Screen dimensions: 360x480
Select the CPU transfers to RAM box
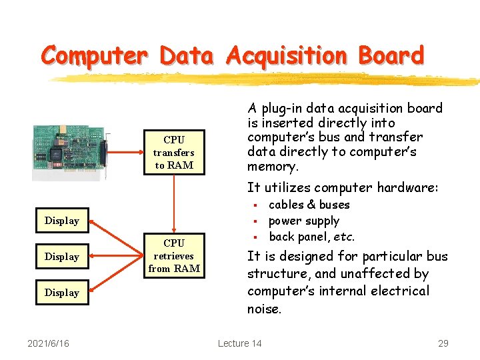coord(173,153)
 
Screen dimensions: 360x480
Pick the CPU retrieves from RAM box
coord(173,256)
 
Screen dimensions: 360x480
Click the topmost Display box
coord(61,221)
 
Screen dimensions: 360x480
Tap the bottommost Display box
coord(61,293)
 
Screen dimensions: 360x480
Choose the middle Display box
coord(61,257)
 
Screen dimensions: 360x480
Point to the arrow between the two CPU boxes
coord(173,203)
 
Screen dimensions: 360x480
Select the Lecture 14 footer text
coord(239,343)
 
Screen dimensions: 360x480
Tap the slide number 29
coord(443,343)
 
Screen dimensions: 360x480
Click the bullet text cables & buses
coord(309,205)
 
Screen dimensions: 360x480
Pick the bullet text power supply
coord(303,221)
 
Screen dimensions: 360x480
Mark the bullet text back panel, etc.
coord(311,237)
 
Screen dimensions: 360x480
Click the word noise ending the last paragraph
coord(265,309)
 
